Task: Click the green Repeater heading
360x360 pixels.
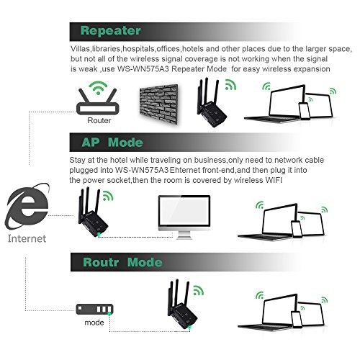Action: point(111,31)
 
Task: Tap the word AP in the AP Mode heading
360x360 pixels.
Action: point(91,143)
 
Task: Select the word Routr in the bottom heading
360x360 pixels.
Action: point(101,262)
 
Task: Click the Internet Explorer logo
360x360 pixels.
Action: point(27,207)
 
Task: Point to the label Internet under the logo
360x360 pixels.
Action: point(27,239)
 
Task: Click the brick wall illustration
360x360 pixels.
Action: point(159,104)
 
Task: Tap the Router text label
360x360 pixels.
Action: point(99,120)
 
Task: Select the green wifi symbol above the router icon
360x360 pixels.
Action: point(98,88)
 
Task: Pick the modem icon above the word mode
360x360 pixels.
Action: point(94,310)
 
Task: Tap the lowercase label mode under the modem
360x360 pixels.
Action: point(94,323)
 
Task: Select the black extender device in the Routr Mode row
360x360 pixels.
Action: point(182,305)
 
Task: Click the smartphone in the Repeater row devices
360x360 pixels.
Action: point(305,111)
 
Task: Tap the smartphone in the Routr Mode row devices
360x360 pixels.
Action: point(297,319)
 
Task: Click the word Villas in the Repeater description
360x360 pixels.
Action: point(80,49)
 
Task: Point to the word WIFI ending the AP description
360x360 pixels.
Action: point(274,180)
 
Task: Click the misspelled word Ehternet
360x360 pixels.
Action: point(185,170)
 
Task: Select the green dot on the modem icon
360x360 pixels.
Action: point(109,314)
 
